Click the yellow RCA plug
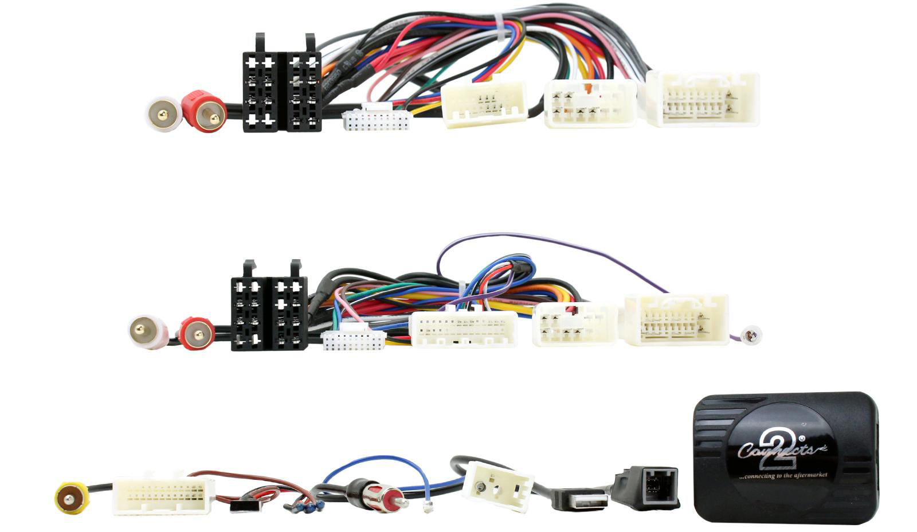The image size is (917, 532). [71, 498]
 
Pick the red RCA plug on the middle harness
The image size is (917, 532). [197, 333]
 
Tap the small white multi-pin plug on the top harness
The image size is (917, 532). [377, 119]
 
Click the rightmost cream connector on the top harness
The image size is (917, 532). [702, 99]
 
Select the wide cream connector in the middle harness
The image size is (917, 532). [464, 329]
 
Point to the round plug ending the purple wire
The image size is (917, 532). [751, 335]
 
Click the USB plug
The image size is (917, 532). [579, 499]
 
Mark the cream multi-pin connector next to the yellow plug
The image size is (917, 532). [163, 495]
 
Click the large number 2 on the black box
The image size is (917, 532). [786, 449]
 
